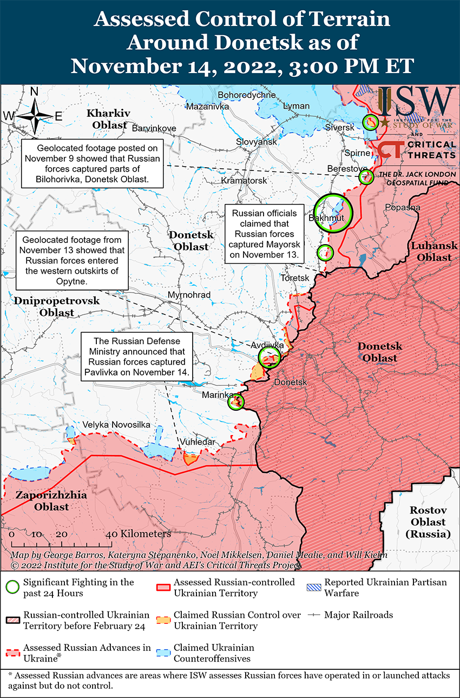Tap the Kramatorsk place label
pos(244,180)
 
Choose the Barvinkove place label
pos(154,128)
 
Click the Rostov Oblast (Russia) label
pos(428,522)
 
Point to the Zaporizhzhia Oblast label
pos(43,501)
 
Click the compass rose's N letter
pos(34,92)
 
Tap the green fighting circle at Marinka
pos(236,401)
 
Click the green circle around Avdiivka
pos(269,357)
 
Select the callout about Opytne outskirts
pos(72,260)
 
